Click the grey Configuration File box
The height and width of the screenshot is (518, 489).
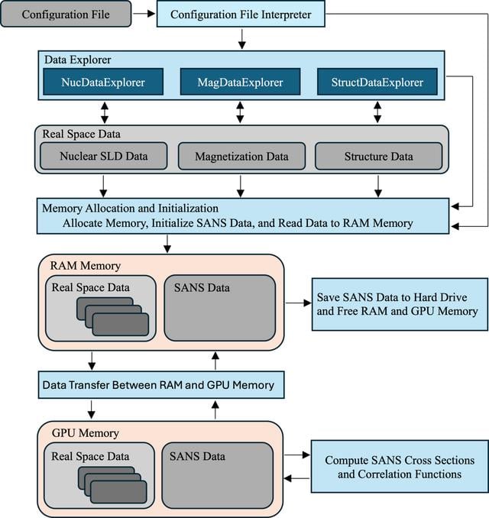tap(66, 14)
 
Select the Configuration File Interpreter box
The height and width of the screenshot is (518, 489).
tap(241, 14)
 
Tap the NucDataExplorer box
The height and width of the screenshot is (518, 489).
tap(103, 82)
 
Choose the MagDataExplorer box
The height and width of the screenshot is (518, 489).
tap(240, 82)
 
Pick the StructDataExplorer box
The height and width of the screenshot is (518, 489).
tap(377, 82)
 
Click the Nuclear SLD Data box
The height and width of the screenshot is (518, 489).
tap(104, 156)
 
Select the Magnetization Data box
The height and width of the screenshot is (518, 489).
tap(241, 157)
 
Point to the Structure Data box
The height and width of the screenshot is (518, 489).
tap(379, 157)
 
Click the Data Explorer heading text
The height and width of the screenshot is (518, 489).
tap(78, 60)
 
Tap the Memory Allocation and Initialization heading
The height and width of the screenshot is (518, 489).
tap(130, 209)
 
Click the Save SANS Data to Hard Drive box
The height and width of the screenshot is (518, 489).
tap(400, 304)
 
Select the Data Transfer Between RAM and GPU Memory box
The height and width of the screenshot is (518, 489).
tap(161, 385)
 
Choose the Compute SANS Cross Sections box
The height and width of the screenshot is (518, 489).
tap(400, 467)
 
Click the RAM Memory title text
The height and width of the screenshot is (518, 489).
tap(86, 266)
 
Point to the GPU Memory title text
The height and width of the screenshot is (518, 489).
tap(86, 433)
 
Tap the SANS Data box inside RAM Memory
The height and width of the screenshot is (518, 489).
tap(220, 308)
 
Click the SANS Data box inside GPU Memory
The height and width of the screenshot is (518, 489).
tap(218, 475)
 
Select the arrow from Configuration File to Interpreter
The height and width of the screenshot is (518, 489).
tap(144, 14)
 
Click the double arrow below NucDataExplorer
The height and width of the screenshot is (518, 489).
tap(105, 112)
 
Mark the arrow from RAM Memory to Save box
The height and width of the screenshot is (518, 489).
tap(298, 303)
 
